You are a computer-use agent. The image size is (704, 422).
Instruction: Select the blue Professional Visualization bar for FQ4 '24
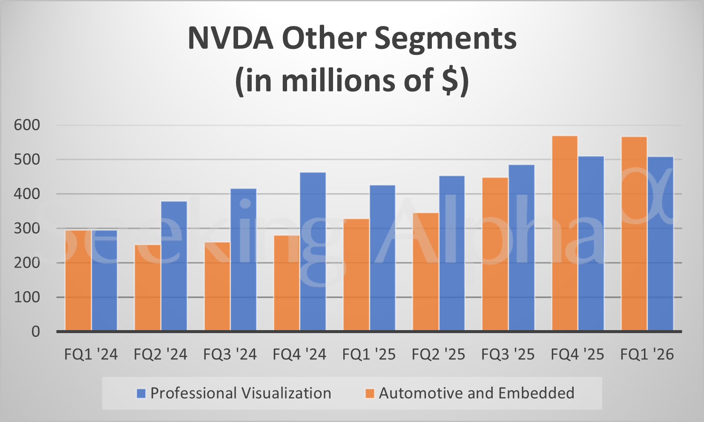click(313, 251)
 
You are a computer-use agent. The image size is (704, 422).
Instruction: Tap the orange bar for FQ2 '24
click(147, 288)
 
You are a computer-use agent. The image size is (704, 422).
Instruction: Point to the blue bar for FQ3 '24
click(243, 259)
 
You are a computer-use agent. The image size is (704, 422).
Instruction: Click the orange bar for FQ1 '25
click(356, 275)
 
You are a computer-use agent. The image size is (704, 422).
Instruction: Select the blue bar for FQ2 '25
click(452, 253)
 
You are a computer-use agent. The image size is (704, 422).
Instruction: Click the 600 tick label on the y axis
click(27, 125)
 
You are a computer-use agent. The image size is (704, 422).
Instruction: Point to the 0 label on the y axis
click(36, 331)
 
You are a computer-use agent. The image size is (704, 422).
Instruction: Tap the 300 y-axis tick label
click(27, 228)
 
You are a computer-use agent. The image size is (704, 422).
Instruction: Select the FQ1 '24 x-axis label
click(91, 354)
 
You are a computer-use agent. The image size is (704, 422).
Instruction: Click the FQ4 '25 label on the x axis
click(577, 354)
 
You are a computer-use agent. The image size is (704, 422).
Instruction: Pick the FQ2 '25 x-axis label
click(438, 354)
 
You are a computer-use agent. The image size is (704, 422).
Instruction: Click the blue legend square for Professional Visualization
click(141, 393)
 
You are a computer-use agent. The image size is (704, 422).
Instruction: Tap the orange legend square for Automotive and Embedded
click(370, 393)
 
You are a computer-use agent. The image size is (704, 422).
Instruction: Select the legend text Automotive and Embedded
click(477, 393)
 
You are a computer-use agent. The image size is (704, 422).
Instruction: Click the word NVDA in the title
click(230, 38)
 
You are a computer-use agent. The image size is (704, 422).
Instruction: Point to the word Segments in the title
click(445, 38)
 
